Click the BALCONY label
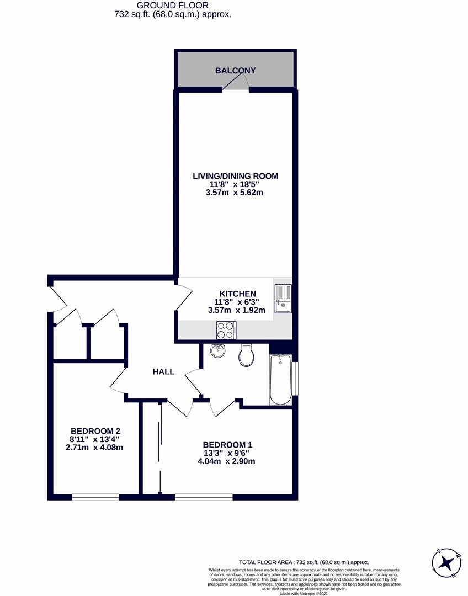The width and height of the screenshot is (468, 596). pyautogui.click(x=235, y=70)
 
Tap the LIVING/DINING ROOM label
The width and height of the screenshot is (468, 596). pyautogui.click(x=235, y=176)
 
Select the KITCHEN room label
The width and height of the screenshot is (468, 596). pyautogui.click(x=238, y=294)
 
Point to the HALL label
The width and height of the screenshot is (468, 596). pyautogui.click(x=163, y=372)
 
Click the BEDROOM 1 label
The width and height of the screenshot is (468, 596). pyautogui.click(x=227, y=445)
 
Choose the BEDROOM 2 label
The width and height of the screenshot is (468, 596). pyautogui.click(x=95, y=431)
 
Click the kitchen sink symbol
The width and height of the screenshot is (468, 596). pyautogui.click(x=283, y=299)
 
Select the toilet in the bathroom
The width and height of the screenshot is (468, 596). pyautogui.click(x=246, y=355)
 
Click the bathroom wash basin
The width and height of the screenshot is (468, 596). pyautogui.click(x=218, y=350)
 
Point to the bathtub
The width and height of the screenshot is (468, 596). pyautogui.click(x=280, y=380)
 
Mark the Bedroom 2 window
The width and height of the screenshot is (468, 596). pyautogui.click(x=95, y=497)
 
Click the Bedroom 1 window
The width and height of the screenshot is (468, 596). pyautogui.click(x=204, y=497)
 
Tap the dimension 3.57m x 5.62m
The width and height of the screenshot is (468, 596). pyautogui.click(x=234, y=193)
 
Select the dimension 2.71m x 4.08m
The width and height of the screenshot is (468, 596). pyautogui.click(x=94, y=448)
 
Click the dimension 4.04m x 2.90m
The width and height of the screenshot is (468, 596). pyautogui.click(x=226, y=461)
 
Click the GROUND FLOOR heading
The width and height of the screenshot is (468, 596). pyautogui.click(x=173, y=6)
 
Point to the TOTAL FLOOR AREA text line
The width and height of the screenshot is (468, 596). pyautogui.click(x=304, y=562)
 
